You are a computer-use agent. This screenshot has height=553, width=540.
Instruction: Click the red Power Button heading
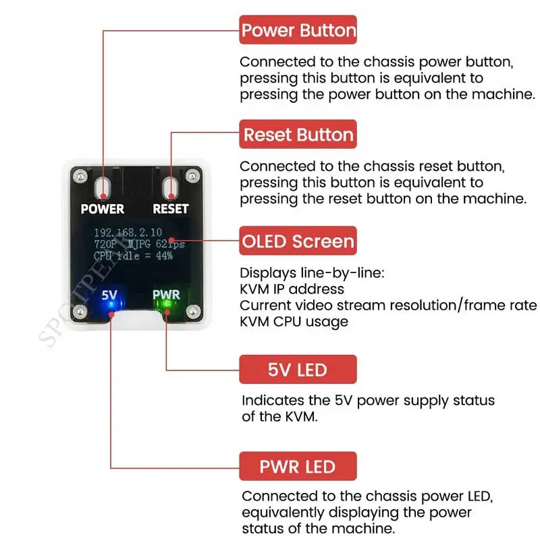298,30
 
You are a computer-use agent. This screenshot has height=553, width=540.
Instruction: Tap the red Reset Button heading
298,134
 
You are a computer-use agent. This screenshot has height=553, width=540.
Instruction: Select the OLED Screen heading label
298,241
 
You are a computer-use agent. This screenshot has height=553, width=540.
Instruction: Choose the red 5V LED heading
298,370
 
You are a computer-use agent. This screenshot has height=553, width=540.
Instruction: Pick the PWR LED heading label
298,466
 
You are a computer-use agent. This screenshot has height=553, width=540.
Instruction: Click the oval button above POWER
103,187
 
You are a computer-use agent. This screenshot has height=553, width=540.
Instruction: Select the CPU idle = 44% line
134,256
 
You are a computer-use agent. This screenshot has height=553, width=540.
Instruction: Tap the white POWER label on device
103,209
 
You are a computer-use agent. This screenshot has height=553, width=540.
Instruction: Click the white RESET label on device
170,209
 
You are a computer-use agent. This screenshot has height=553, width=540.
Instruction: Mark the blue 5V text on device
109,295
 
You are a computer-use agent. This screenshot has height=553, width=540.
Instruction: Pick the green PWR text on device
165,295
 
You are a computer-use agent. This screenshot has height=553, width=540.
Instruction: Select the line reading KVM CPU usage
294,321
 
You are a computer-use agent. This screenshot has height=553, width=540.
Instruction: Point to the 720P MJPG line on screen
139,243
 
